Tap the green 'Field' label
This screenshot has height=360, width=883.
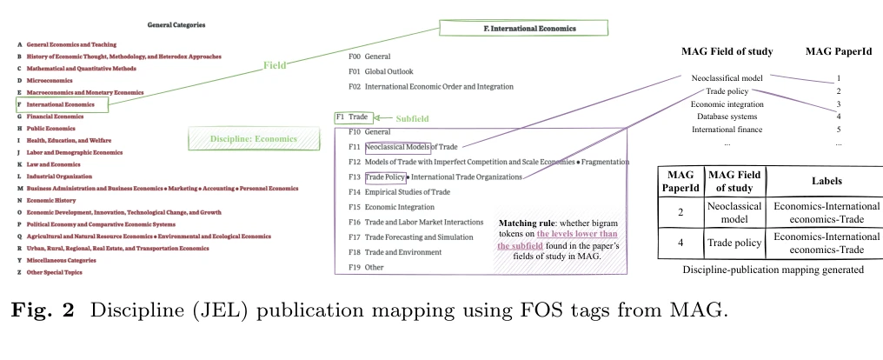click(x=275, y=65)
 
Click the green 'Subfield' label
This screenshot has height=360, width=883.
click(x=412, y=117)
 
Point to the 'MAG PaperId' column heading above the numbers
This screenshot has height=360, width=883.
click(x=837, y=52)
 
